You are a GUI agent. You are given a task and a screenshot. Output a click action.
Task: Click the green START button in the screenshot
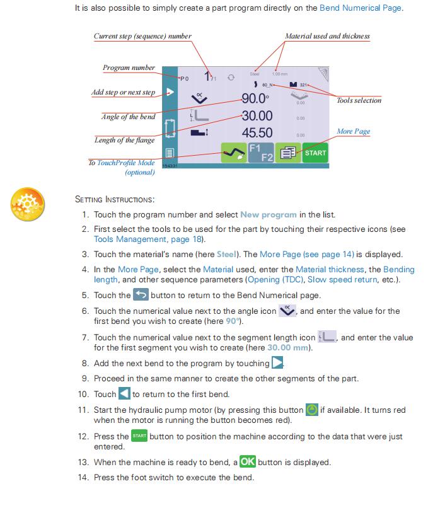click(315, 153)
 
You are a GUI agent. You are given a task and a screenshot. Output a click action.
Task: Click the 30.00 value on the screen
click(257, 116)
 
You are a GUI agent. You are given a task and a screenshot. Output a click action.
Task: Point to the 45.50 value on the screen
click(257, 133)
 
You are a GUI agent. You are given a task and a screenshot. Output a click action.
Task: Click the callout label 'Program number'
click(129, 68)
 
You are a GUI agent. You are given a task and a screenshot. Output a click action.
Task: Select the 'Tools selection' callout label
click(359, 100)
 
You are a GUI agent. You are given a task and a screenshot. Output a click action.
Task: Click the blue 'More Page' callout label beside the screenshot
click(353, 131)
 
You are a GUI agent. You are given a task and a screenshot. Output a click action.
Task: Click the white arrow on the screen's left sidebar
click(170, 92)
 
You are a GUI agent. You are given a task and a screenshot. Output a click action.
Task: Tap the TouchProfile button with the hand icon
click(233, 153)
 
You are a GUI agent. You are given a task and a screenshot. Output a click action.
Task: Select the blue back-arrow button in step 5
click(141, 295)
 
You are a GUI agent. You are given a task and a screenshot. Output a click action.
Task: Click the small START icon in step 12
click(139, 436)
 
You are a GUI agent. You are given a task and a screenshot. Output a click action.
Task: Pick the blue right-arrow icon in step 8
click(277, 363)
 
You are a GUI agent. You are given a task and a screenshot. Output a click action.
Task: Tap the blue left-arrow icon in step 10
click(124, 394)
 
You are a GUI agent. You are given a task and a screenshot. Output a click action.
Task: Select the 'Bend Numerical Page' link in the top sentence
click(361, 8)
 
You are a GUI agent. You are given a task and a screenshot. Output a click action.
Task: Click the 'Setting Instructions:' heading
click(114, 199)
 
